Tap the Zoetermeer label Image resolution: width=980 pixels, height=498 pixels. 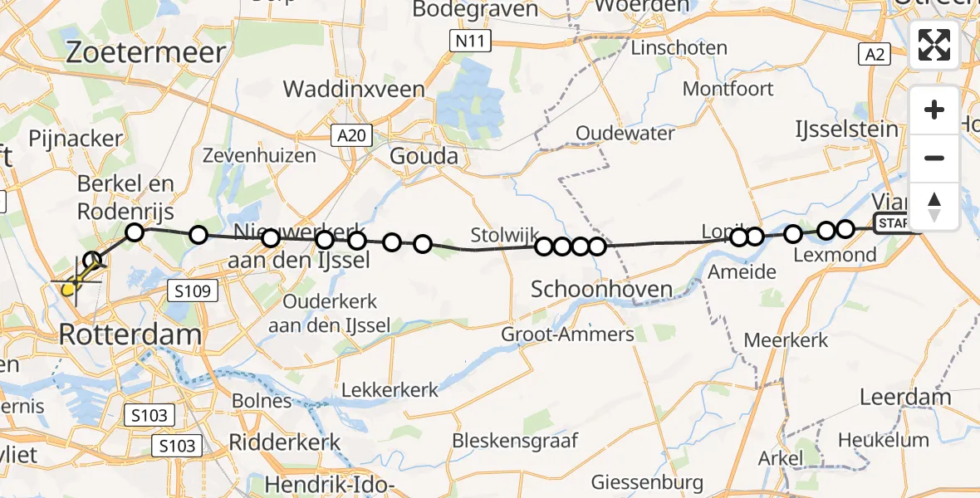point(145,53)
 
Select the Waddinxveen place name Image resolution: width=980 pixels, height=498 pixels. point(354,89)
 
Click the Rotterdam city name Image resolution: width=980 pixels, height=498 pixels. point(130,335)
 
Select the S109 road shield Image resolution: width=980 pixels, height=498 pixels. point(192,291)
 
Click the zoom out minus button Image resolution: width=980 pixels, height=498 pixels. point(934,158)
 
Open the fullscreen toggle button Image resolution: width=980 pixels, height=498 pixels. point(934,45)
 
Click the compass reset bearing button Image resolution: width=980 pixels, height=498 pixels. point(934,206)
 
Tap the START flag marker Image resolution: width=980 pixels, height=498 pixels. point(892,222)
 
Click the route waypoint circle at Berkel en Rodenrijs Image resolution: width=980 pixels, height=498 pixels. point(134,232)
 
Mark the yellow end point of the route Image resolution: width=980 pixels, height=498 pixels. point(68,289)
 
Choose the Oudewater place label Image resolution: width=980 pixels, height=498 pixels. point(615,133)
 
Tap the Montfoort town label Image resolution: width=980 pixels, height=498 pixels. point(728,88)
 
